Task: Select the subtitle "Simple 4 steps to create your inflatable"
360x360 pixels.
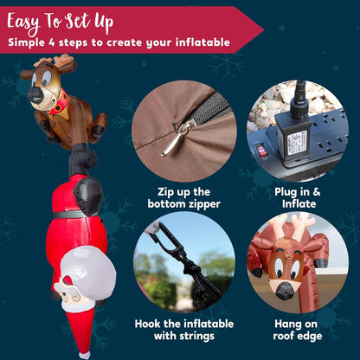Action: (119, 42)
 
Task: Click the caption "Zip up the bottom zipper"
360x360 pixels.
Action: (183, 196)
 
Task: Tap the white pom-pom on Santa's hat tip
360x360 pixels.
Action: (84, 353)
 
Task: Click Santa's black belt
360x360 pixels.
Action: (74, 212)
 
